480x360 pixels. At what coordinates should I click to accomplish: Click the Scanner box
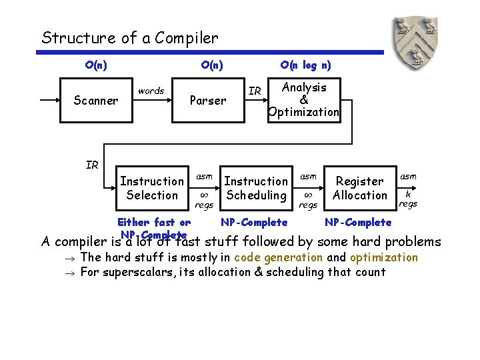pos(96,101)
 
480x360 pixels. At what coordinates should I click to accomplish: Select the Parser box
pos(207,101)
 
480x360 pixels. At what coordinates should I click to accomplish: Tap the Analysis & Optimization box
pos(304,100)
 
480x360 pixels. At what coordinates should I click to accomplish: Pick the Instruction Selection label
pos(152,188)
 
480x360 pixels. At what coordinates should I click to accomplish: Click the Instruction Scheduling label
pos(256,188)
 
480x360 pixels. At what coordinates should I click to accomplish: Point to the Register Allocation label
pos(360,188)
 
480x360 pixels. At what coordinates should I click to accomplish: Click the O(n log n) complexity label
pos(305,65)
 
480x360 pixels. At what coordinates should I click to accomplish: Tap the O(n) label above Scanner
pos(97,65)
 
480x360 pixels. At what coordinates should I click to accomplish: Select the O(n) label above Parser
pos(212,65)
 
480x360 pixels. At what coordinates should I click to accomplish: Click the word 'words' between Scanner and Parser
pos(151,91)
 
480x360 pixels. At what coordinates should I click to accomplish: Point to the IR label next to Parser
pos(255,91)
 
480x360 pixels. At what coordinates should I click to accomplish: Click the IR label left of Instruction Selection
pos(92,165)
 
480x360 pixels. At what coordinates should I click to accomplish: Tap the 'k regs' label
pos(407,199)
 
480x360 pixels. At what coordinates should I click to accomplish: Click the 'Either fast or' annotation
pos(154,222)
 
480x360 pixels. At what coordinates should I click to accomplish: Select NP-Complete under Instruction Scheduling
pos(254,222)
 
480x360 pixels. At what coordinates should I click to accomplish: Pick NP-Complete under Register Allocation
pos(358,222)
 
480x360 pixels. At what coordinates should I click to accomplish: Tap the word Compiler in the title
pos(186,38)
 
